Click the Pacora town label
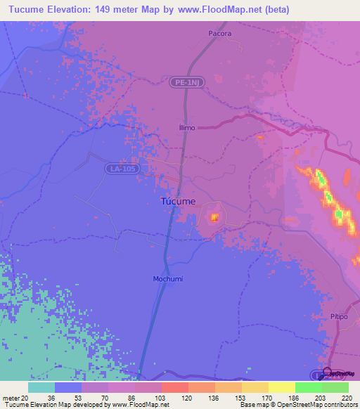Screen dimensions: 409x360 point(220,33)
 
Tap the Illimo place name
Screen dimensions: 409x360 point(186,128)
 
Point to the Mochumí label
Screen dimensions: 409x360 point(168,278)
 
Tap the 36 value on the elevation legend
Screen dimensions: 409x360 point(51,398)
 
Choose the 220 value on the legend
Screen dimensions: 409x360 point(347,398)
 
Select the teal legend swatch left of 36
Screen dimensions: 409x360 point(41,387)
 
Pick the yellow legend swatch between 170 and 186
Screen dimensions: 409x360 point(281,387)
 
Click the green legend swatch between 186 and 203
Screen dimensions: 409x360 point(308,387)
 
